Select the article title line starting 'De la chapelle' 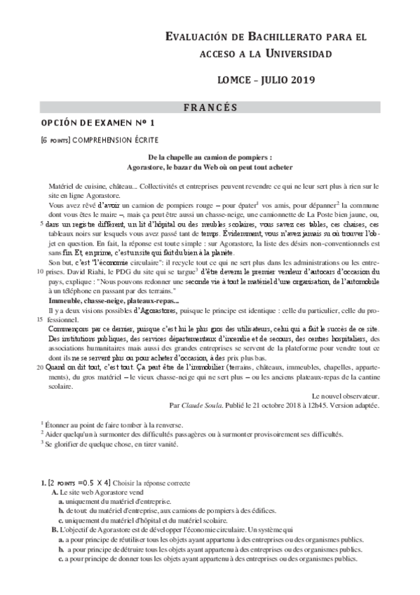[210, 159]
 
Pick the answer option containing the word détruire [210, 549]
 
